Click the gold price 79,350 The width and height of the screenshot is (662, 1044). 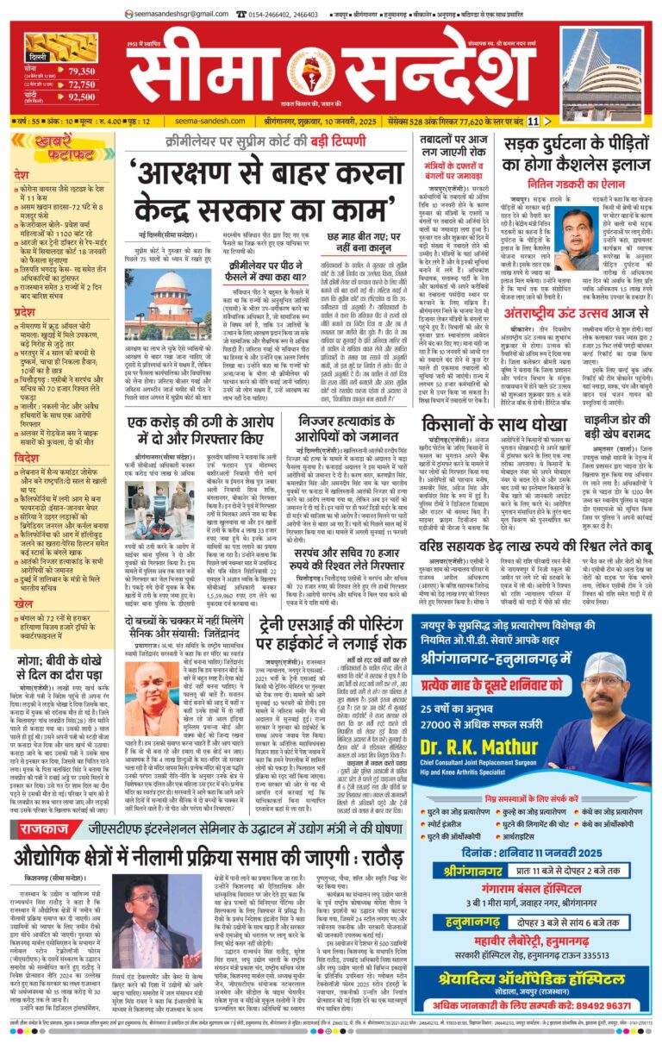(81, 71)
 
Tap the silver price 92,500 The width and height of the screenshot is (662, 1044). (81, 97)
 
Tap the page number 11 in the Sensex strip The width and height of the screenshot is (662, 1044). (533, 121)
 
